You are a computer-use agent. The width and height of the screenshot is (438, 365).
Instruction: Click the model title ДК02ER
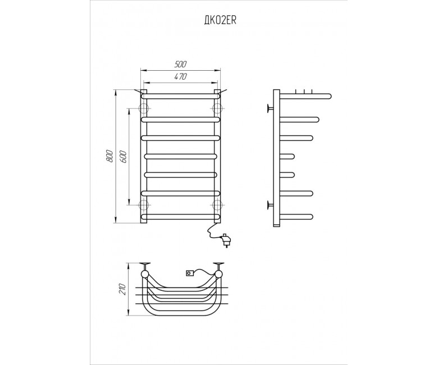220,21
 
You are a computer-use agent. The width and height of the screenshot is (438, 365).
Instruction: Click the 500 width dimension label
180,64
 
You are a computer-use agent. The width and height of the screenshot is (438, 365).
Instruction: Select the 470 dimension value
180,76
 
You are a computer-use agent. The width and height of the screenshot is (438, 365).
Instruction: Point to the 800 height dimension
109,156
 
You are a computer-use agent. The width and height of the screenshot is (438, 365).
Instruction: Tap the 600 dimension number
124,157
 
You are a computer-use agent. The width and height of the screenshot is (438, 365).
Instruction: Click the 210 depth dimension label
122,289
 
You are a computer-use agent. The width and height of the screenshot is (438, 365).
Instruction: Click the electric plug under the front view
226,240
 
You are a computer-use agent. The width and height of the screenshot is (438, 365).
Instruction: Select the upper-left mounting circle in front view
144,108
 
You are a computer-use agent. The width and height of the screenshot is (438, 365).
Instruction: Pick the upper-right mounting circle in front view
217,108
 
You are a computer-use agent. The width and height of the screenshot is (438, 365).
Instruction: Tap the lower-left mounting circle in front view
144,205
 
